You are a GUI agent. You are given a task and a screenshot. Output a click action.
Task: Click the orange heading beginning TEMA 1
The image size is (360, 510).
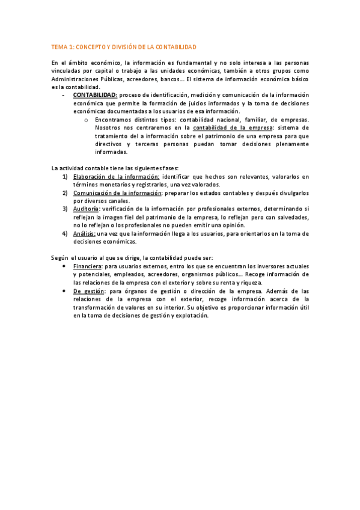pos(124,47)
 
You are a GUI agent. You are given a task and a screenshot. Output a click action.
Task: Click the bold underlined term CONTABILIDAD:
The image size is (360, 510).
pos(95,95)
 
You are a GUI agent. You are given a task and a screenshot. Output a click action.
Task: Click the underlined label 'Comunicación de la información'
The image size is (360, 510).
pos(117,193)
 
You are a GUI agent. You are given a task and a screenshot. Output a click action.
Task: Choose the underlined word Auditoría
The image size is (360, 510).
pos(87,209)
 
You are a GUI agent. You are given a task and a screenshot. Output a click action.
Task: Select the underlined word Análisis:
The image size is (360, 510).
pos(84,234)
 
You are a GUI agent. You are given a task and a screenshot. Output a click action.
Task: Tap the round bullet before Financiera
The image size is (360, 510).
pos(64,266)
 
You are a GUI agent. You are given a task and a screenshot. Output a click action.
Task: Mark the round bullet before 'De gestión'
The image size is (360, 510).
pos(64,291)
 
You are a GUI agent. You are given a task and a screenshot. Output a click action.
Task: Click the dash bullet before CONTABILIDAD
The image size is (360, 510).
pos(63,95)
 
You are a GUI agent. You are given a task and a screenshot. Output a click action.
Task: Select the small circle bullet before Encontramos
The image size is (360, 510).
pos(87,120)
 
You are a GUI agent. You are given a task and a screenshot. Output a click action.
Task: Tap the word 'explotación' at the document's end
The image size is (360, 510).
pos(191,316)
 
